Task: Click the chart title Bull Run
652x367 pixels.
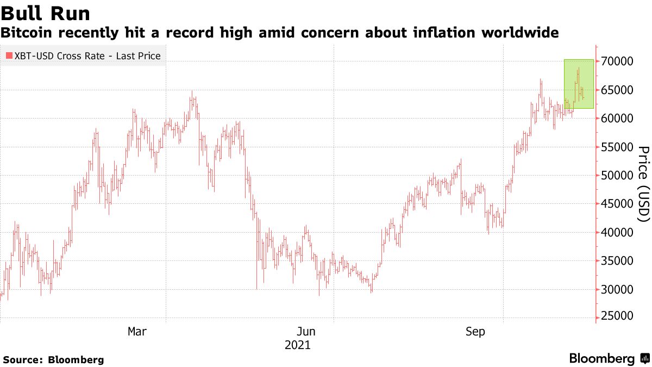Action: (46, 13)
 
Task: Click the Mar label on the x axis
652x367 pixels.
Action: (136, 331)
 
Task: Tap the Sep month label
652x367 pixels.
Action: (476, 331)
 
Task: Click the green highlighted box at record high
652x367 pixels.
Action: (579, 84)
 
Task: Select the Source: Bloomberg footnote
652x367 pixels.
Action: (53, 359)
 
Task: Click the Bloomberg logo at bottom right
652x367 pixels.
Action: (609, 358)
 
